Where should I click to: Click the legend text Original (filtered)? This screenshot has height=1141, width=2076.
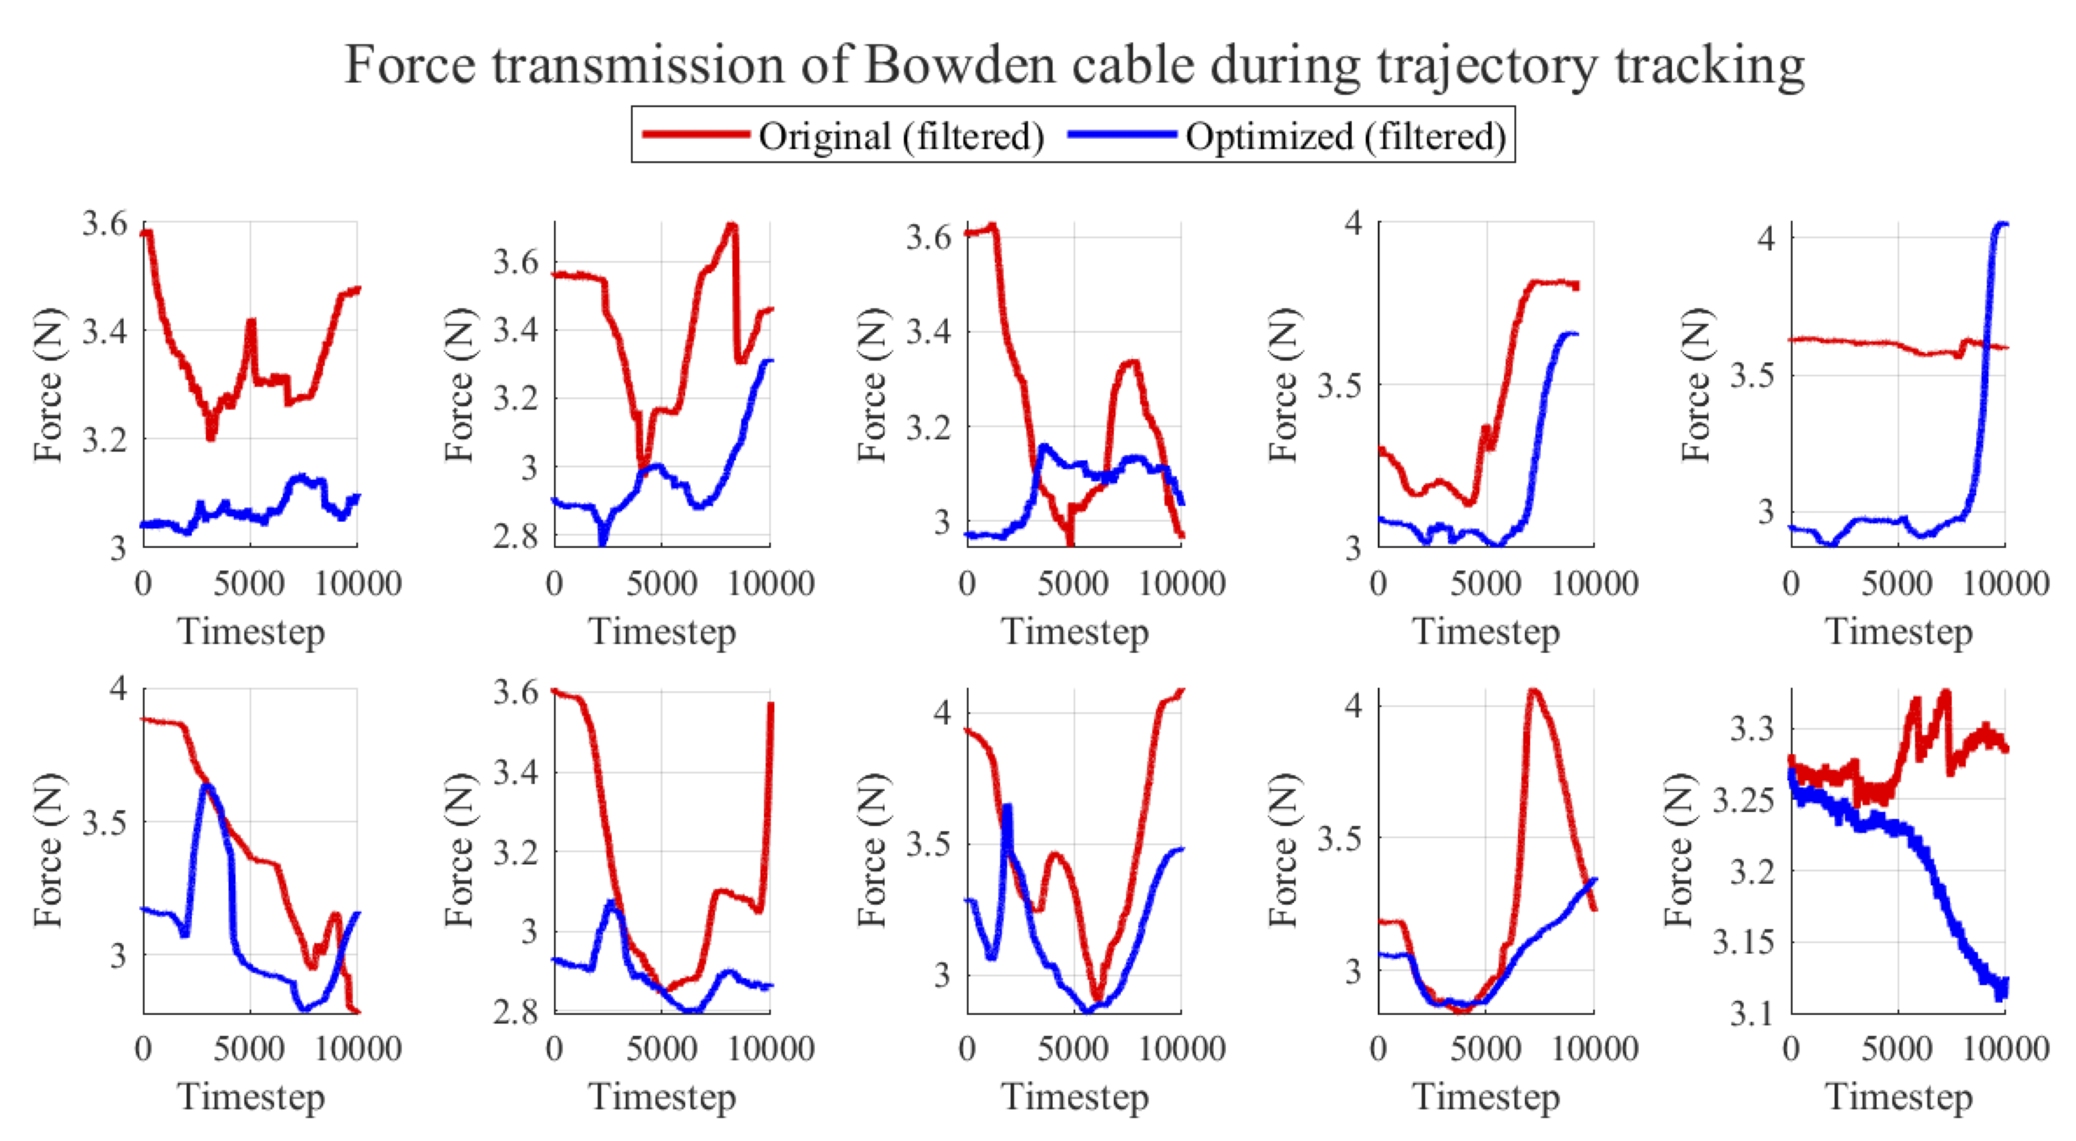coord(901,135)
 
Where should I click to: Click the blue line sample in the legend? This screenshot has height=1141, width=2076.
coord(1122,134)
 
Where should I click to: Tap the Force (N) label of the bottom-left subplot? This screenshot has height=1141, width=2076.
coord(48,850)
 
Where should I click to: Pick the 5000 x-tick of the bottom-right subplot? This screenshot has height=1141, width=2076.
coord(1897,1048)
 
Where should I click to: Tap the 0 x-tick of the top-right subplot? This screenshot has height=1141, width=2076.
coord(1791,583)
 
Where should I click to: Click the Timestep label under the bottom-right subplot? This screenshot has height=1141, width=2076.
coord(1899,1097)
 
